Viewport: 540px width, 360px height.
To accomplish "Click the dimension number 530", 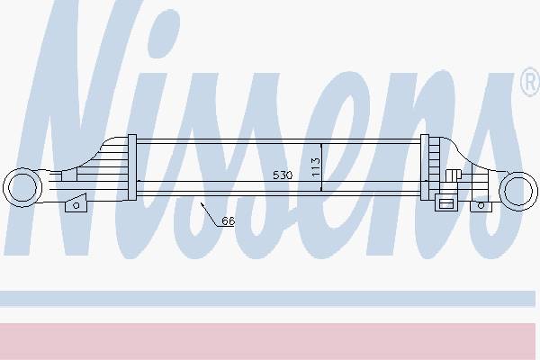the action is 283,175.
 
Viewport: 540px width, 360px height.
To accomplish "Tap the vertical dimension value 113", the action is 316,167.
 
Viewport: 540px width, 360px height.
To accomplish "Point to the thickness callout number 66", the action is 228,220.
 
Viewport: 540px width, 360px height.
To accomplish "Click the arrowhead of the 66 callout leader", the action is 202,204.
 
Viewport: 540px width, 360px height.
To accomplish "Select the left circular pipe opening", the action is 22,187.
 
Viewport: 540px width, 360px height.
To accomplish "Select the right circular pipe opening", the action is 518,191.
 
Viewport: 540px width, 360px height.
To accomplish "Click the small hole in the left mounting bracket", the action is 76,205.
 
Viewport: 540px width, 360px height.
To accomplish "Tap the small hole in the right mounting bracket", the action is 481,206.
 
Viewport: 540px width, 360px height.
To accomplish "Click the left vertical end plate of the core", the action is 132,167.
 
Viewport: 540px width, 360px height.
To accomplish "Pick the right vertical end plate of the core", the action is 425,167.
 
